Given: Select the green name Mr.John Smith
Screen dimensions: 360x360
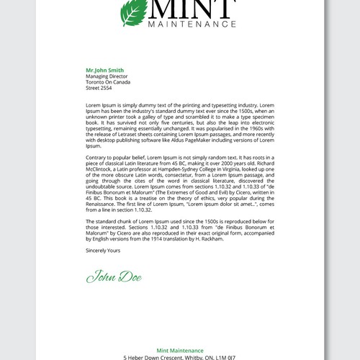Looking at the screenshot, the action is pyautogui.click(x=104, y=70).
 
